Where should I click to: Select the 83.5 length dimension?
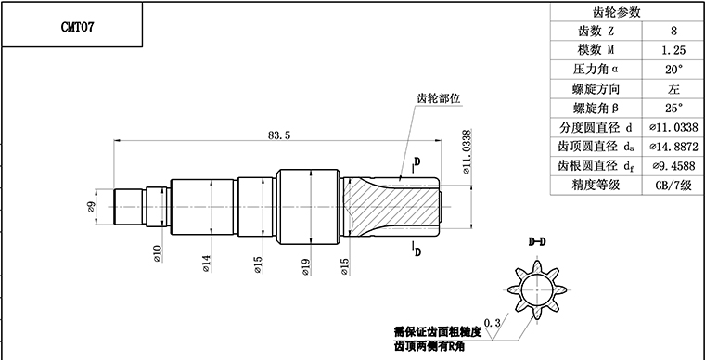pos(279,135)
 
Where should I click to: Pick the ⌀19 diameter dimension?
pos(304,267)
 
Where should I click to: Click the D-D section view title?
pos(536,243)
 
